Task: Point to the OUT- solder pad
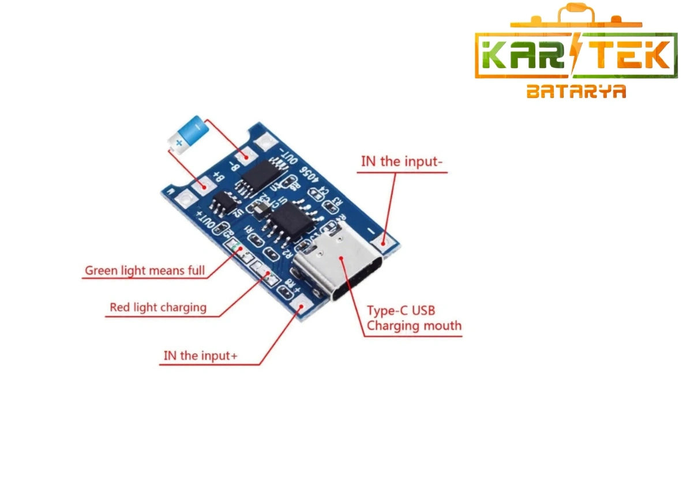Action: pos(267,141)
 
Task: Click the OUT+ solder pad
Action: pos(185,199)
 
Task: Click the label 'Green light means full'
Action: pos(145,270)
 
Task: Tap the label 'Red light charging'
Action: pos(158,307)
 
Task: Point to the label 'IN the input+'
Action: pos(200,356)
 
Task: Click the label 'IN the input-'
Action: pos(401,161)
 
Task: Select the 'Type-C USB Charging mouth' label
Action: pos(414,318)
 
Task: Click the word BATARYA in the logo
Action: pos(576,92)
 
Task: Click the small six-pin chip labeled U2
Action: pos(223,205)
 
